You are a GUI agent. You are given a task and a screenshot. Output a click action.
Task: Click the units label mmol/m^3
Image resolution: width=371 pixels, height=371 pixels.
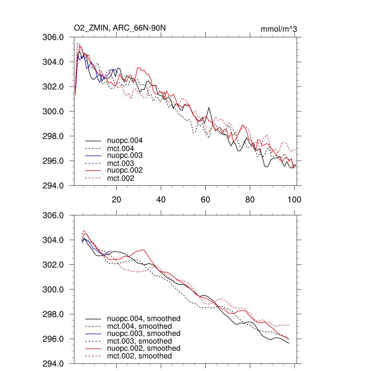click(x=279, y=29)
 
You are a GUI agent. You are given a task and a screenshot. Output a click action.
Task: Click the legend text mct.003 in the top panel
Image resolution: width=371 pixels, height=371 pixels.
click(x=120, y=163)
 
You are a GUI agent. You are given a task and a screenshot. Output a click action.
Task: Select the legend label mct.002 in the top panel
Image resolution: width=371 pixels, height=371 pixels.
click(x=120, y=178)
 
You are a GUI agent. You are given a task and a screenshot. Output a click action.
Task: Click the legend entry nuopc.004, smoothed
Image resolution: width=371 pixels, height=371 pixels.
click(x=143, y=319)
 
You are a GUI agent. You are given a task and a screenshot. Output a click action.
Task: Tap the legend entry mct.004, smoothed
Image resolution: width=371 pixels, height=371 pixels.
click(x=139, y=326)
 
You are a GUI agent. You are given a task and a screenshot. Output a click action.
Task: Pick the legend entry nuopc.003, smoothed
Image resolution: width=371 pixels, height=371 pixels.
click(x=143, y=334)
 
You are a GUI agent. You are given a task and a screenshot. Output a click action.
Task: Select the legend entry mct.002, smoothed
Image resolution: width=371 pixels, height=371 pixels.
click(x=139, y=356)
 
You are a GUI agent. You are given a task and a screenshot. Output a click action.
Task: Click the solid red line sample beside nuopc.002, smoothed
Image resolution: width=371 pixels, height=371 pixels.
click(x=93, y=349)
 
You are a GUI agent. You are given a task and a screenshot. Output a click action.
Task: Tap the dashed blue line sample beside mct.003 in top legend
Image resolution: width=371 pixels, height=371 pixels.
click(x=93, y=163)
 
